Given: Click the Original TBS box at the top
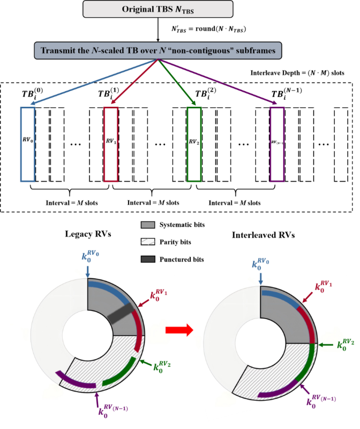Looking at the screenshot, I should (158, 9).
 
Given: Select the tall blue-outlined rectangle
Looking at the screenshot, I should (27, 145).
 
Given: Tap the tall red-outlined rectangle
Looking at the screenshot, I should (110, 145).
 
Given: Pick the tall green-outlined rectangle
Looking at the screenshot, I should (194, 145).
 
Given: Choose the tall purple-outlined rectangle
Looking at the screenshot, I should (277, 145).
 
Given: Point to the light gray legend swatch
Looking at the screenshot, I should (148, 225).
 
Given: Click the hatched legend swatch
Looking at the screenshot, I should (148, 242).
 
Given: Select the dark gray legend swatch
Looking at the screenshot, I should (148, 260).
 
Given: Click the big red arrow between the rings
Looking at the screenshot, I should (179, 331).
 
